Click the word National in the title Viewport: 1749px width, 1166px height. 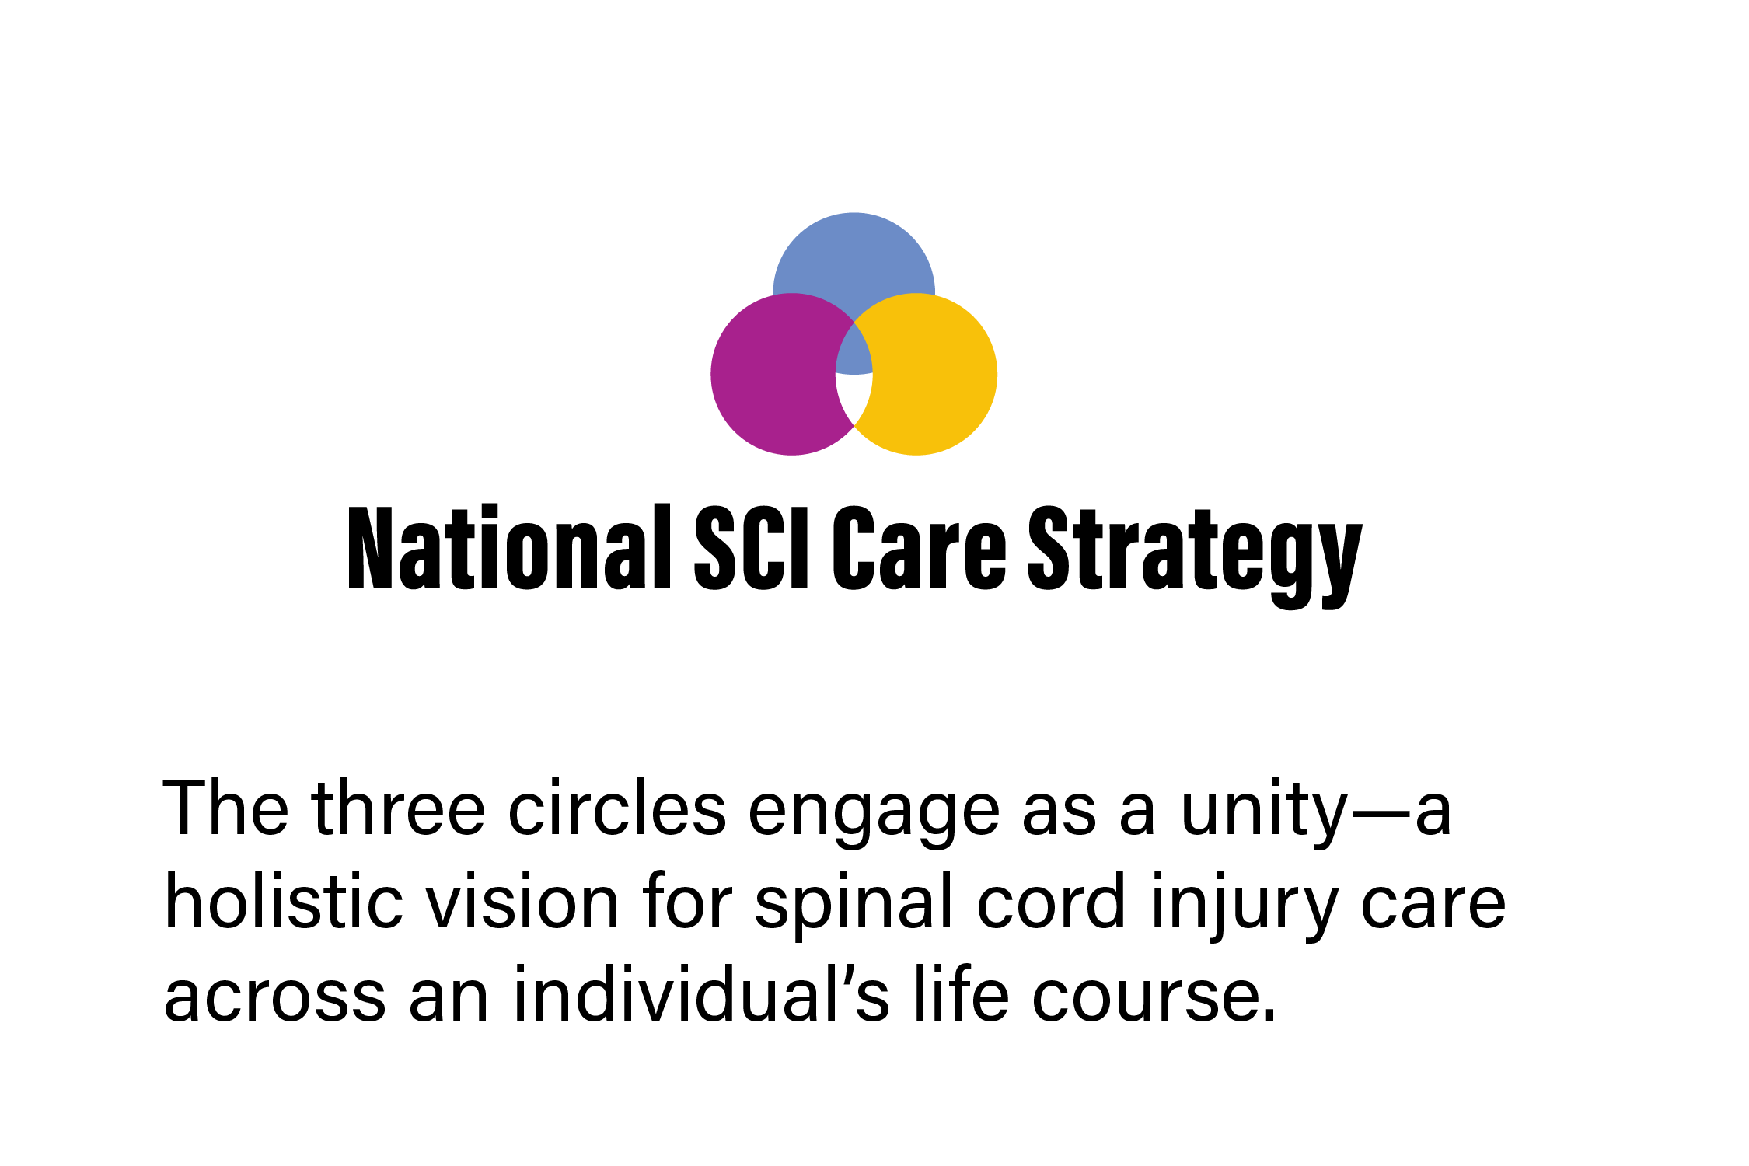click(x=509, y=547)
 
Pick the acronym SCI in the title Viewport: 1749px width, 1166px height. click(x=752, y=547)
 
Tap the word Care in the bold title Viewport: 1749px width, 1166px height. click(x=920, y=547)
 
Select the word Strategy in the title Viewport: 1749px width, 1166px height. click(x=1196, y=557)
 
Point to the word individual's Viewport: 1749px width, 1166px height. click(x=700, y=992)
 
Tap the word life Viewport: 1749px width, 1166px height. click(x=961, y=992)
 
